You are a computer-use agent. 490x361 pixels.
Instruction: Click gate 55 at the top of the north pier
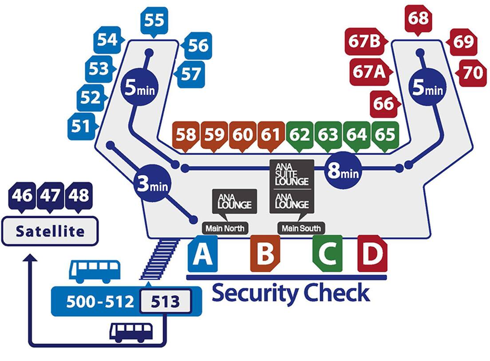tap(154, 20)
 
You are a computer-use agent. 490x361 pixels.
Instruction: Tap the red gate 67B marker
tap(365, 43)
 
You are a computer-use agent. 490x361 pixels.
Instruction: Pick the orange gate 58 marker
tap(186, 135)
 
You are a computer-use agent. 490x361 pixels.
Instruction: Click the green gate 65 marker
tap(384, 135)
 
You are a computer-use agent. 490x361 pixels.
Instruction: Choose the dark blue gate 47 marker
tap(50, 195)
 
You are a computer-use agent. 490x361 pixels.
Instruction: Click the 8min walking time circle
tap(343, 170)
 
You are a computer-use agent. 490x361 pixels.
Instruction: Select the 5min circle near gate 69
tap(427, 87)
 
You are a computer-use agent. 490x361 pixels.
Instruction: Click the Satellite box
tap(50, 231)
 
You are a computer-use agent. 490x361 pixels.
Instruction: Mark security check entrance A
tap(202, 254)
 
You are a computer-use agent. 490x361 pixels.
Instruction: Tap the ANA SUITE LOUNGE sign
tap(292, 174)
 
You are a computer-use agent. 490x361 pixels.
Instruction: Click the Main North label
tap(224, 229)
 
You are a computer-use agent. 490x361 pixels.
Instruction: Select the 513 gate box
tap(165, 301)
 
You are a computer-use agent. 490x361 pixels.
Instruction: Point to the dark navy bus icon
tap(131, 332)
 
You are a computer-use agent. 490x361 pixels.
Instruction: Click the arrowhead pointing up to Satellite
tap(30, 259)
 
